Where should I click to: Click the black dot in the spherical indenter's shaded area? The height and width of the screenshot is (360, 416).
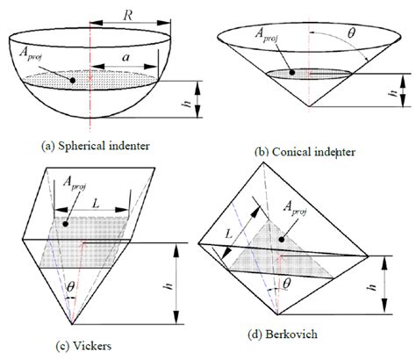pos(72,81)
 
